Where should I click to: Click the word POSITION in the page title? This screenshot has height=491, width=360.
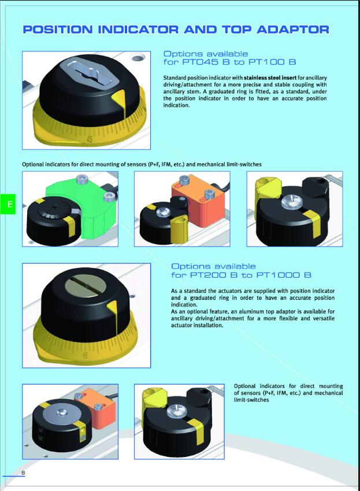(58, 29)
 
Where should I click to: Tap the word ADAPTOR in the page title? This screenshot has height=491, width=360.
(293, 29)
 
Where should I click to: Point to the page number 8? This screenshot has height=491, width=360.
(23, 473)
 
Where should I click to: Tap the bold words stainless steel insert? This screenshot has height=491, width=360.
(270, 77)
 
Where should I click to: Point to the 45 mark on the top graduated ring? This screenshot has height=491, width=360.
(90, 139)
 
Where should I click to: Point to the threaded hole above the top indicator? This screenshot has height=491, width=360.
(137, 57)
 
